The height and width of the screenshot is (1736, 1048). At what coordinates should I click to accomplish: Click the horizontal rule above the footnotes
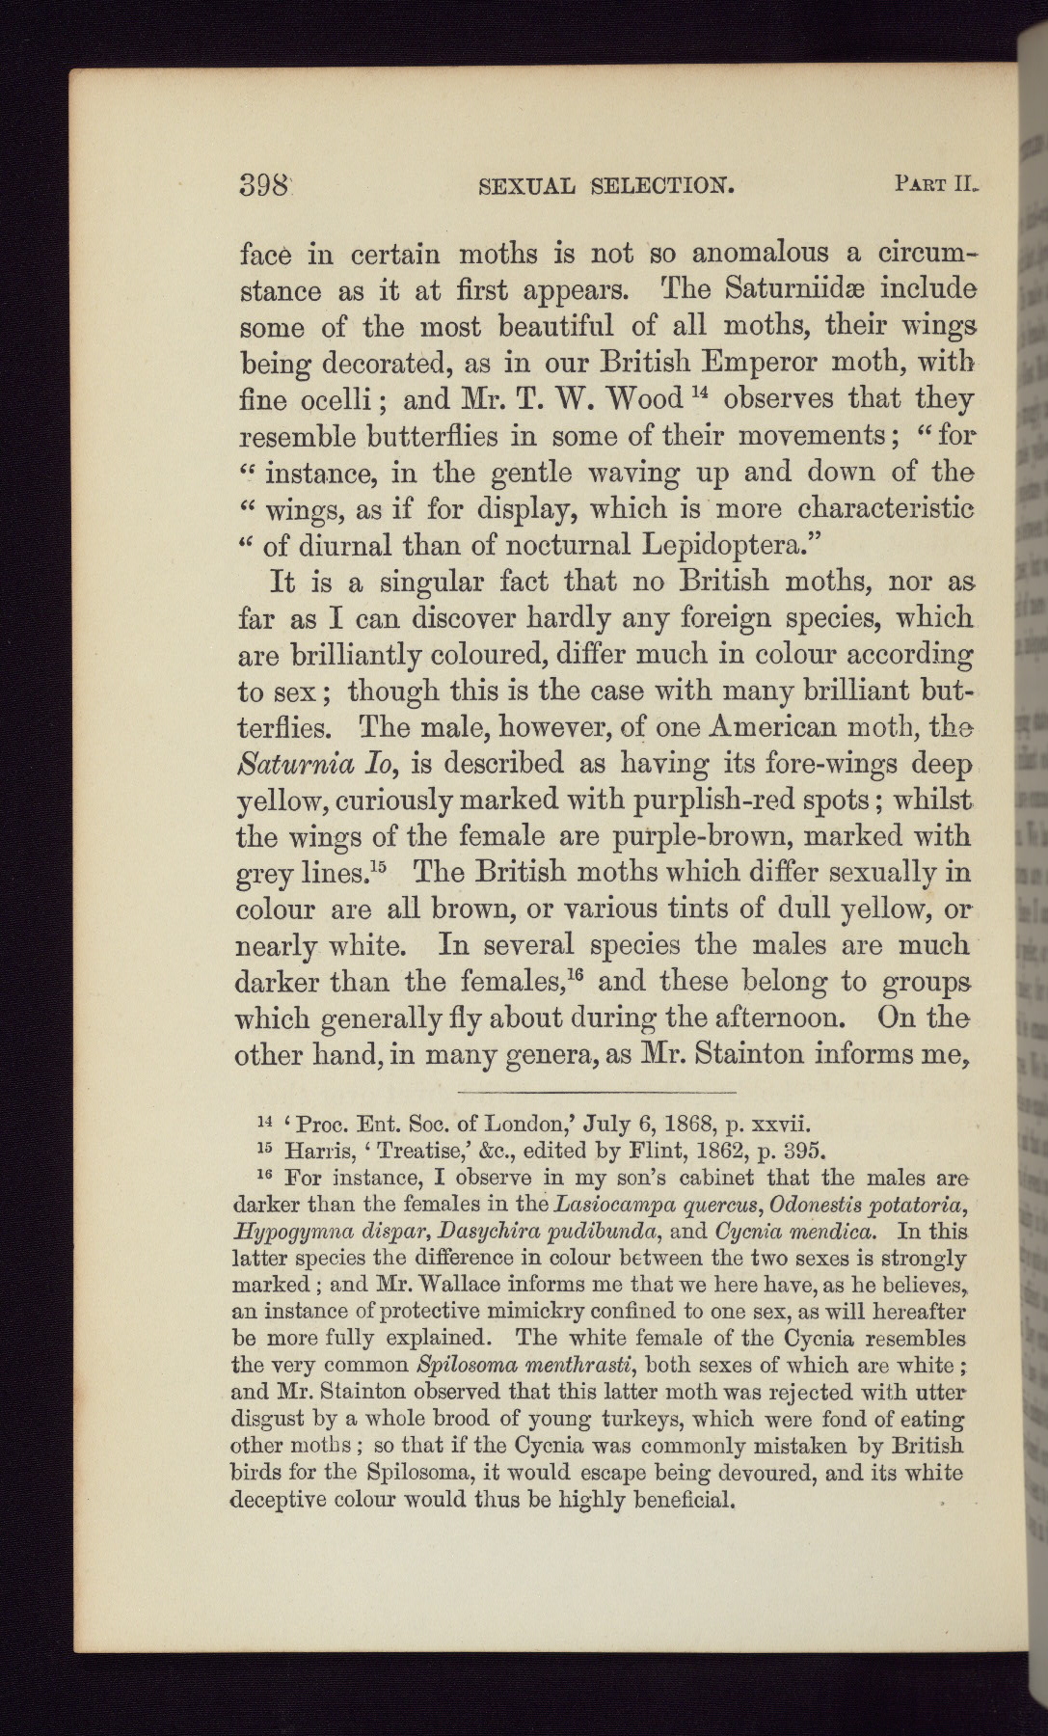click(x=597, y=1092)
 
